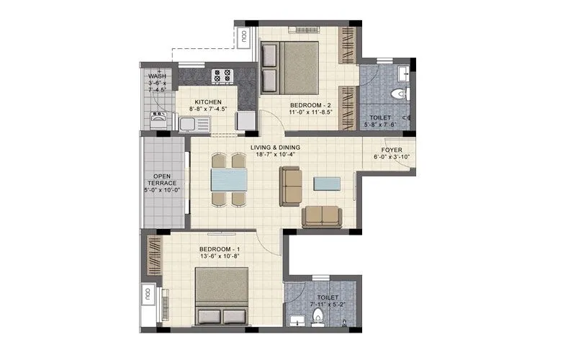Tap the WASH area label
[157, 76]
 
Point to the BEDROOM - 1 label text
[221, 250]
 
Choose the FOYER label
[392, 150]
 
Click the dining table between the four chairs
[229, 179]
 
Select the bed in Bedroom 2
[289, 67]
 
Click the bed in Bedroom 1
[222, 297]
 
